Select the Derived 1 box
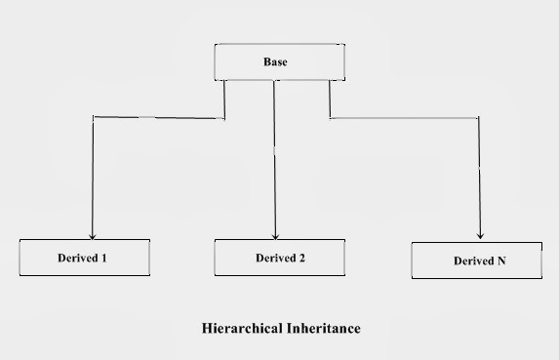click(x=84, y=258)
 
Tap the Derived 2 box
click(x=280, y=258)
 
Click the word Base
click(x=275, y=62)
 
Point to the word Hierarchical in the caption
click(x=239, y=329)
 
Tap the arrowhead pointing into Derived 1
click(x=92, y=234)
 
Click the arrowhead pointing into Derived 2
click(x=275, y=234)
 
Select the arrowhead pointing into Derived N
click(x=479, y=234)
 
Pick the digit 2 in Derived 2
click(x=301, y=259)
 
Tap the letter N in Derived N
click(x=501, y=261)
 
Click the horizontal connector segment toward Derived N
click(x=404, y=118)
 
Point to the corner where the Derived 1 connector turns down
click(x=92, y=118)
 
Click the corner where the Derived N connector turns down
click(x=479, y=118)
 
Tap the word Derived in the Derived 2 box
click(x=275, y=259)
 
